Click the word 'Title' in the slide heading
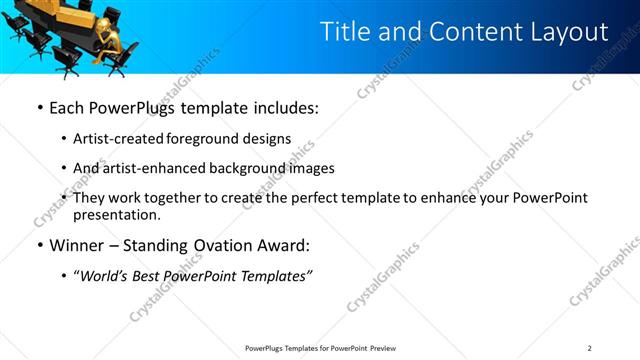pyautogui.click(x=345, y=31)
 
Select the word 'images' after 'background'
pyautogui.click(x=312, y=168)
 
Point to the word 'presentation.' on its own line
pyautogui.click(x=116, y=214)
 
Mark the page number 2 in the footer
pyautogui.click(x=589, y=347)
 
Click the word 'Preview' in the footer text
pyautogui.click(x=385, y=347)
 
